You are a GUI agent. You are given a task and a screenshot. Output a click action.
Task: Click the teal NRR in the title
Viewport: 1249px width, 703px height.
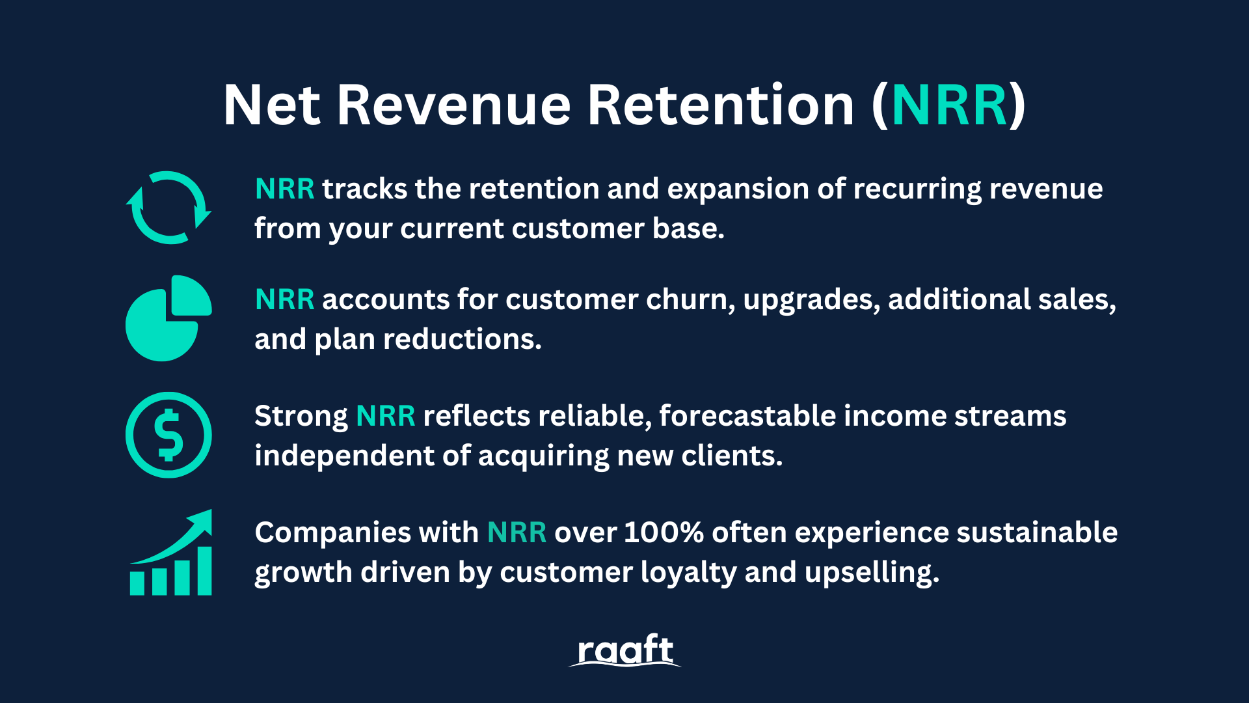coord(950,105)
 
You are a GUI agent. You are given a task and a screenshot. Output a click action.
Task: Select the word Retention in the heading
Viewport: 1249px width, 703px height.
coord(721,105)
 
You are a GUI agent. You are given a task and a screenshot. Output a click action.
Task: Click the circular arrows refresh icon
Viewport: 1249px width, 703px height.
coord(168,208)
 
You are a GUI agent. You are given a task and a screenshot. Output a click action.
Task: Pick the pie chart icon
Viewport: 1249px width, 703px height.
coord(168,318)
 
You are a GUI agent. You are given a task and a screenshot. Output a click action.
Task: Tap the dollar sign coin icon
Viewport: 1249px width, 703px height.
coord(168,435)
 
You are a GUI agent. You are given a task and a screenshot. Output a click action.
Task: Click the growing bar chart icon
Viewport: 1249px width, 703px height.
coord(171,552)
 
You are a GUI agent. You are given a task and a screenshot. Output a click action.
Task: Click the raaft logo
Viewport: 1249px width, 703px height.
coord(624,650)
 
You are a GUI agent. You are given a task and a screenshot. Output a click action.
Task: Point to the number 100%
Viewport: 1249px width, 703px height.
coord(664,532)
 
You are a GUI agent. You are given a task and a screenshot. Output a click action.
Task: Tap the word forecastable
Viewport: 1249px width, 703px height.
coord(747,416)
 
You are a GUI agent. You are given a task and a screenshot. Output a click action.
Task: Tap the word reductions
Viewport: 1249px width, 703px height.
coord(462,339)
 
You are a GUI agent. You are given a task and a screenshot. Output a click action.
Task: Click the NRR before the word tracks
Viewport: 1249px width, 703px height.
coord(285,189)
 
